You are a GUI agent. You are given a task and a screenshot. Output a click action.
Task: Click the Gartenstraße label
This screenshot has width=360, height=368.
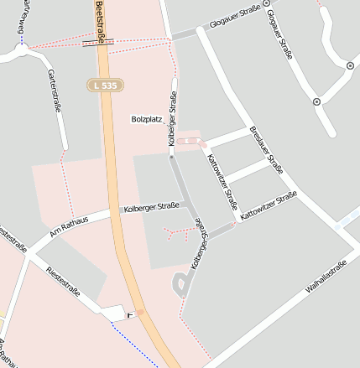56,91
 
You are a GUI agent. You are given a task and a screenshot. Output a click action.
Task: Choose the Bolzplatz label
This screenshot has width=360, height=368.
146,120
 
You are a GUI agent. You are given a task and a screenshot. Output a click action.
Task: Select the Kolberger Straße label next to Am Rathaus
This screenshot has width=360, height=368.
151,206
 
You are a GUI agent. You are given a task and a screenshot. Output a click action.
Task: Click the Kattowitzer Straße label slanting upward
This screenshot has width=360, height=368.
269,206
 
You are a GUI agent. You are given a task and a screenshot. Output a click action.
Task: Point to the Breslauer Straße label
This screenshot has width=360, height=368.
266,150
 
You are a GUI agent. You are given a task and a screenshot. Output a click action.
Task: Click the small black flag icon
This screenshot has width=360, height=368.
129,314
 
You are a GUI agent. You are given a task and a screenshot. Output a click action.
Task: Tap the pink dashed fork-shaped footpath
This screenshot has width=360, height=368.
179,232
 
